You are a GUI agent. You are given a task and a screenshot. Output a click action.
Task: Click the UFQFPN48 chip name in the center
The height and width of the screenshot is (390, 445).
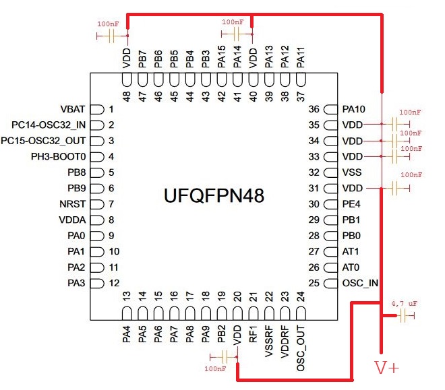point(214,196)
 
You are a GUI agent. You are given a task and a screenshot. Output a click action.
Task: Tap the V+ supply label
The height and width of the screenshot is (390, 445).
point(387,368)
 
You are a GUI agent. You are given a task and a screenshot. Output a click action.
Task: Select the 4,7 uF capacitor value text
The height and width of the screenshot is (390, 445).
point(405,304)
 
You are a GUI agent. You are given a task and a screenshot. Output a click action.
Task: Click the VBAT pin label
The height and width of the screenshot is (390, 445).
point(72,109)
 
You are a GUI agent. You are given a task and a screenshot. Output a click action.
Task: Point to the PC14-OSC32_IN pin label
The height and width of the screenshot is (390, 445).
point(49,125)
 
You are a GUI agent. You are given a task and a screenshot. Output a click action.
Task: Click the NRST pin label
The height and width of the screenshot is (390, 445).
point(72,203)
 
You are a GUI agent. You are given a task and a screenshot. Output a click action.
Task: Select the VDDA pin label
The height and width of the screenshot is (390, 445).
point(72,220)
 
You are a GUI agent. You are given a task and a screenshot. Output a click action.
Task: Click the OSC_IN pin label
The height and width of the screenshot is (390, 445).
point(360,283)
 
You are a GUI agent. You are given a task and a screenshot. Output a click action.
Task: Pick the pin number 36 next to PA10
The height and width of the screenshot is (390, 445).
point(314,109)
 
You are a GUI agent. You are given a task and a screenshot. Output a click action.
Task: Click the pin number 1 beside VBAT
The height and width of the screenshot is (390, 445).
point(111,109)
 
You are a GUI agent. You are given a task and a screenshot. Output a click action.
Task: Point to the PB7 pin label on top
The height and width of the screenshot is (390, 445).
point(142,58)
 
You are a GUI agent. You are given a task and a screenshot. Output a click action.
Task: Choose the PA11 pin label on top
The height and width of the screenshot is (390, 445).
point(301,58)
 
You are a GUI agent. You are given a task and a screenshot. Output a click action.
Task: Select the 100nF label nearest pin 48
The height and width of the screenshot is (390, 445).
point(109,24)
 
